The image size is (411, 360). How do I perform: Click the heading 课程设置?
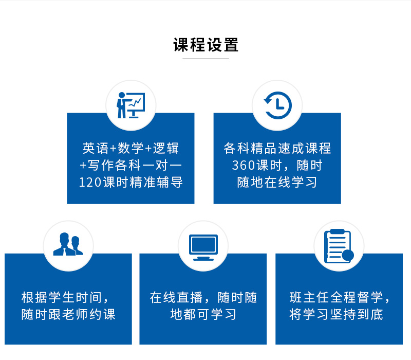pyautogui.click(x=206, y=45)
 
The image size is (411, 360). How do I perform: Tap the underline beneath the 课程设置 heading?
pyautogui.click(x=206, y=59)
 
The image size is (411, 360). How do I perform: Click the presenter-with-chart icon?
pyautogui.click(x=131, y=105)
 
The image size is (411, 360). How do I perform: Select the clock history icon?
pyautogui.click(x=277, y=105)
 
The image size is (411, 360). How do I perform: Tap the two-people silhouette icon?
pyautogui.click(x=68, y=244)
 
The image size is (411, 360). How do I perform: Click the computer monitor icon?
pyautogui.click(x=203, y=247)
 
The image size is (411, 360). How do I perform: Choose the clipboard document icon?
pyautogui.click(x=339, y=246)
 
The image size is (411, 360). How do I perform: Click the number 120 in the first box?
pyautogui.click(x=89, y=183)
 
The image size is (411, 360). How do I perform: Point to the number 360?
pyautogui.click(x=243, y=166)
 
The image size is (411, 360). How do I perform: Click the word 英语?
pyautogui.click(x=95, y=149)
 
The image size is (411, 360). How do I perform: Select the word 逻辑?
pyautogui.click(x=165, y=149)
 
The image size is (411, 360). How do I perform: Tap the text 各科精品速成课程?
pyautogui.click(x=277, y=149)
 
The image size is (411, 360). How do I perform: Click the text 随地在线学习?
pyautogui.click(x=277, y=183)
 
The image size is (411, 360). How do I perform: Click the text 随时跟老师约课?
pyautogui.click(x=68, y=314)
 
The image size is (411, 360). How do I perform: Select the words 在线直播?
pyautogui.click(x=176, y=298)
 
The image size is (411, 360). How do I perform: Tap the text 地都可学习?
pyautogui.click(x=203, y=314)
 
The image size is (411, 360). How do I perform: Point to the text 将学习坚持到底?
pyautogui.click(x=337, y=314)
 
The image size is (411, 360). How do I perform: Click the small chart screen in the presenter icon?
pyautogui.click(x=136, y=102)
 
